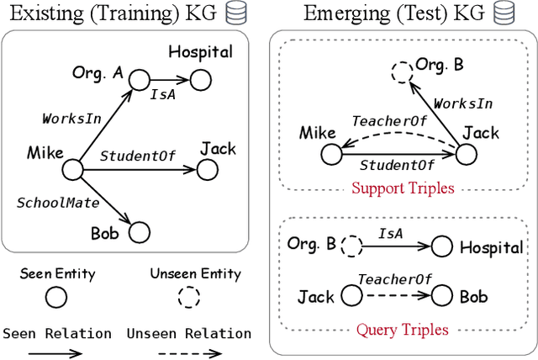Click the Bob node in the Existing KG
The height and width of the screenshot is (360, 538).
[138, 230]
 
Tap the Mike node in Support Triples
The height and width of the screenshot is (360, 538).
[331, 154]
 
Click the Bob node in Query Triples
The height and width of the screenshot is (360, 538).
[443, 296]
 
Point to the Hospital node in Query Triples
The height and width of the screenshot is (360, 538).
[442, 246]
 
